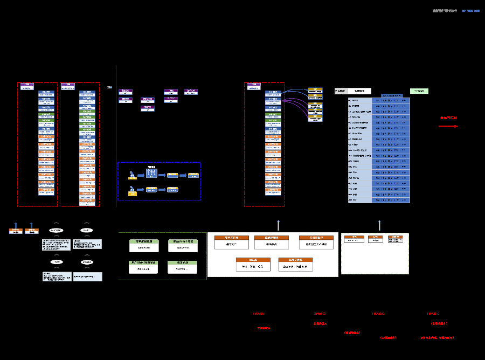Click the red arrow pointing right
tap(448, 127)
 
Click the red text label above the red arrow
tap(448, 117)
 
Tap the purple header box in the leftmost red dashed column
tap(27, 86)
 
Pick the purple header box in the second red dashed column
tap(67, 86)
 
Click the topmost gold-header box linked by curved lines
tap(315, 90)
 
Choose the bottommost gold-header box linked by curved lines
tap(315, 117)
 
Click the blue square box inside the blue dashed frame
tap(151, 172)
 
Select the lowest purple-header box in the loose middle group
tap(148, 108)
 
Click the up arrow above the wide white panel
tap(279, 225)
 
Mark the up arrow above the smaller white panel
tap(379, 225)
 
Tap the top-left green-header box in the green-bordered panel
tap(144, 245)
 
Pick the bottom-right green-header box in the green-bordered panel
tap(182, 266)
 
